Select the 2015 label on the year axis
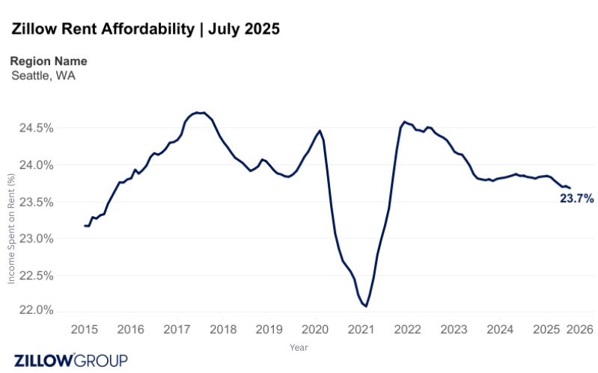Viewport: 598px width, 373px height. [85, 330]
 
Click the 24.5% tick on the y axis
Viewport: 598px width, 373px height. [35, 128]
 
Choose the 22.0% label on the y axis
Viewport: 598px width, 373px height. [35, 311]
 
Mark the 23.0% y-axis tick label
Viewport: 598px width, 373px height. [35, 238]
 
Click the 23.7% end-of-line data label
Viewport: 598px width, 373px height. [576, 199]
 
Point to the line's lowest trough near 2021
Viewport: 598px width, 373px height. [365, 306]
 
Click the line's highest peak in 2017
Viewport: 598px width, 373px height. [199, 113]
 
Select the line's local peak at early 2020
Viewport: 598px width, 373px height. [320, 132]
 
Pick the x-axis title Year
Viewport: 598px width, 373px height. [298, 348]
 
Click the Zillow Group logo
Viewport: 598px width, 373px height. [71, 360]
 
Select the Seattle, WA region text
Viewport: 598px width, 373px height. [43, 75]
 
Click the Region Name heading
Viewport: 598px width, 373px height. [49, 61]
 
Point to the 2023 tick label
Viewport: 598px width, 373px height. [454, 330]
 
